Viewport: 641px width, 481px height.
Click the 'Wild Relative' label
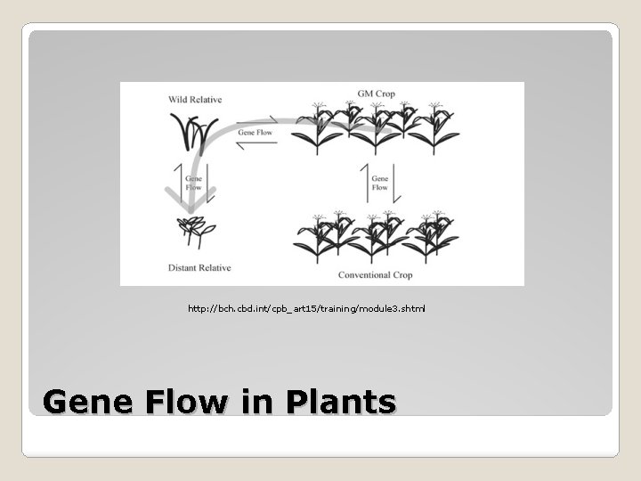(195, 100)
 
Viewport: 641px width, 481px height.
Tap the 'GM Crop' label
(377, 94)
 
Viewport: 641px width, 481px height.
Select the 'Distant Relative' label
(199, 267)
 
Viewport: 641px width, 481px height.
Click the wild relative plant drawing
(196, 134)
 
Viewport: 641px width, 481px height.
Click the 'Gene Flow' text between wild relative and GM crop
(256, 133)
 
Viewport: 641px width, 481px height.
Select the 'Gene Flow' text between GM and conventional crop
(379, 183)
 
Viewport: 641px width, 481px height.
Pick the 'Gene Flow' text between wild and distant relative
(194, 183)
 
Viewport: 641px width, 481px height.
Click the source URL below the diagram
(306, 308)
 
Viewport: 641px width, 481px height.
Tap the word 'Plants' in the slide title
(341, 403)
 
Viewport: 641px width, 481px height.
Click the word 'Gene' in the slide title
(85, 403)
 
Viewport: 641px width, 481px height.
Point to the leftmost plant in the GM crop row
(316, 129)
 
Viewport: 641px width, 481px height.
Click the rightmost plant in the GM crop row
(438, 129)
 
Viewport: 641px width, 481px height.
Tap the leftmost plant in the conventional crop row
(316, 236)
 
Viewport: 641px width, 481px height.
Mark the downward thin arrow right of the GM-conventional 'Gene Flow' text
(394, 183)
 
